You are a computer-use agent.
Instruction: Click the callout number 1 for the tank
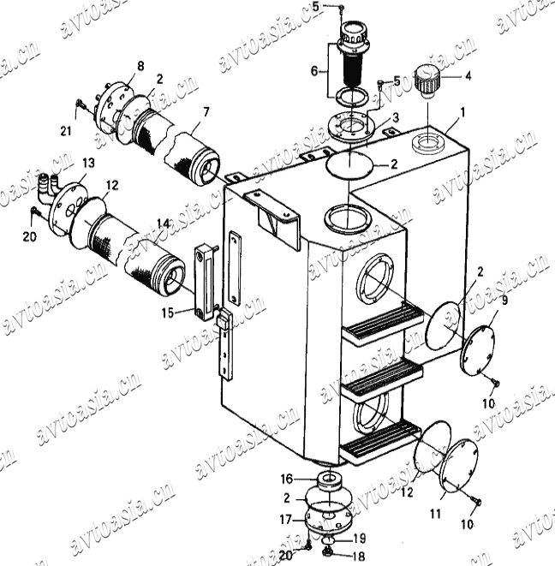tap(462, 113)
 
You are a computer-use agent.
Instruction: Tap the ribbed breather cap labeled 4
tap(428, 82)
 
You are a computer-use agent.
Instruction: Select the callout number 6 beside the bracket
tap(314, 71)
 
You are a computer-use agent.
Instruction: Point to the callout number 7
tap(206, 112)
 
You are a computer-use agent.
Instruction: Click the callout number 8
tap(140, 66)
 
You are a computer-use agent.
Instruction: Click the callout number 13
tap(88, 163)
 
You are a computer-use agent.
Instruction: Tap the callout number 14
tap(163, 223)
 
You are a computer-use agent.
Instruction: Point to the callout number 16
tap(287, 479)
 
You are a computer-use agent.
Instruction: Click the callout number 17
tap(287, 520)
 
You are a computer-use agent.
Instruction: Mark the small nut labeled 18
tap(327, 551)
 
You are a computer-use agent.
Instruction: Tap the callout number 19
tap(359, 539)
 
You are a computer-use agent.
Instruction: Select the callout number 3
tap(396, 117)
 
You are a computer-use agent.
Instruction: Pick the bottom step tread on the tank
tap(379, 444)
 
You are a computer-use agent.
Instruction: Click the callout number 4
tap(468, 76)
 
